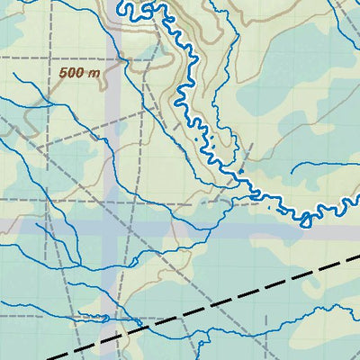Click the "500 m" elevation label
(80, 73)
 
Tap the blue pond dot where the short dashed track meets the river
(241, 170)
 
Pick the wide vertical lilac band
(112, 135)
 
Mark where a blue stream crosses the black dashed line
(198, 310)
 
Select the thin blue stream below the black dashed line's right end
(324, 310)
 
